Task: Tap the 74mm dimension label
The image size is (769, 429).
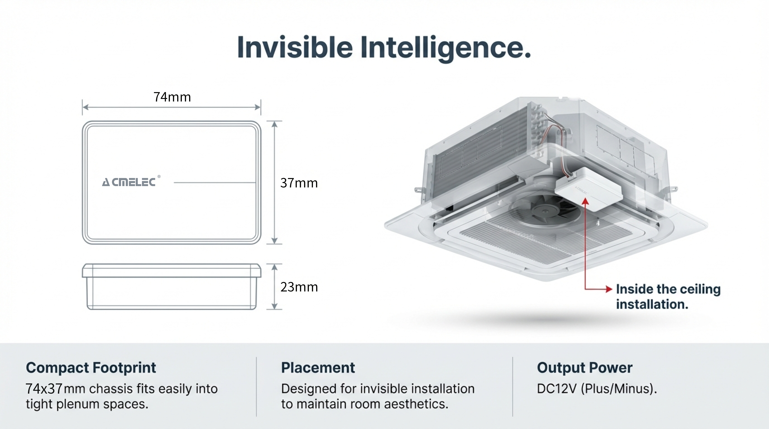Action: coord(172,97)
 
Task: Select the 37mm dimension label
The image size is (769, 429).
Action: coord(299,183)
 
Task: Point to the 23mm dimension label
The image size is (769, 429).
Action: coord(299,287)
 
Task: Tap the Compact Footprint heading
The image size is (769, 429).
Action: coord(91,368)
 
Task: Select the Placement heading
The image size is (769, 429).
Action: coord(318,368)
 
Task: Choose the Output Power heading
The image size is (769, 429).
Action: coord(585,368)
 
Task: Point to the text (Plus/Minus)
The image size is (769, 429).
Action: coord(619,389)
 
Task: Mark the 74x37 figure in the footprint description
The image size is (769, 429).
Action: coord(44,389)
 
